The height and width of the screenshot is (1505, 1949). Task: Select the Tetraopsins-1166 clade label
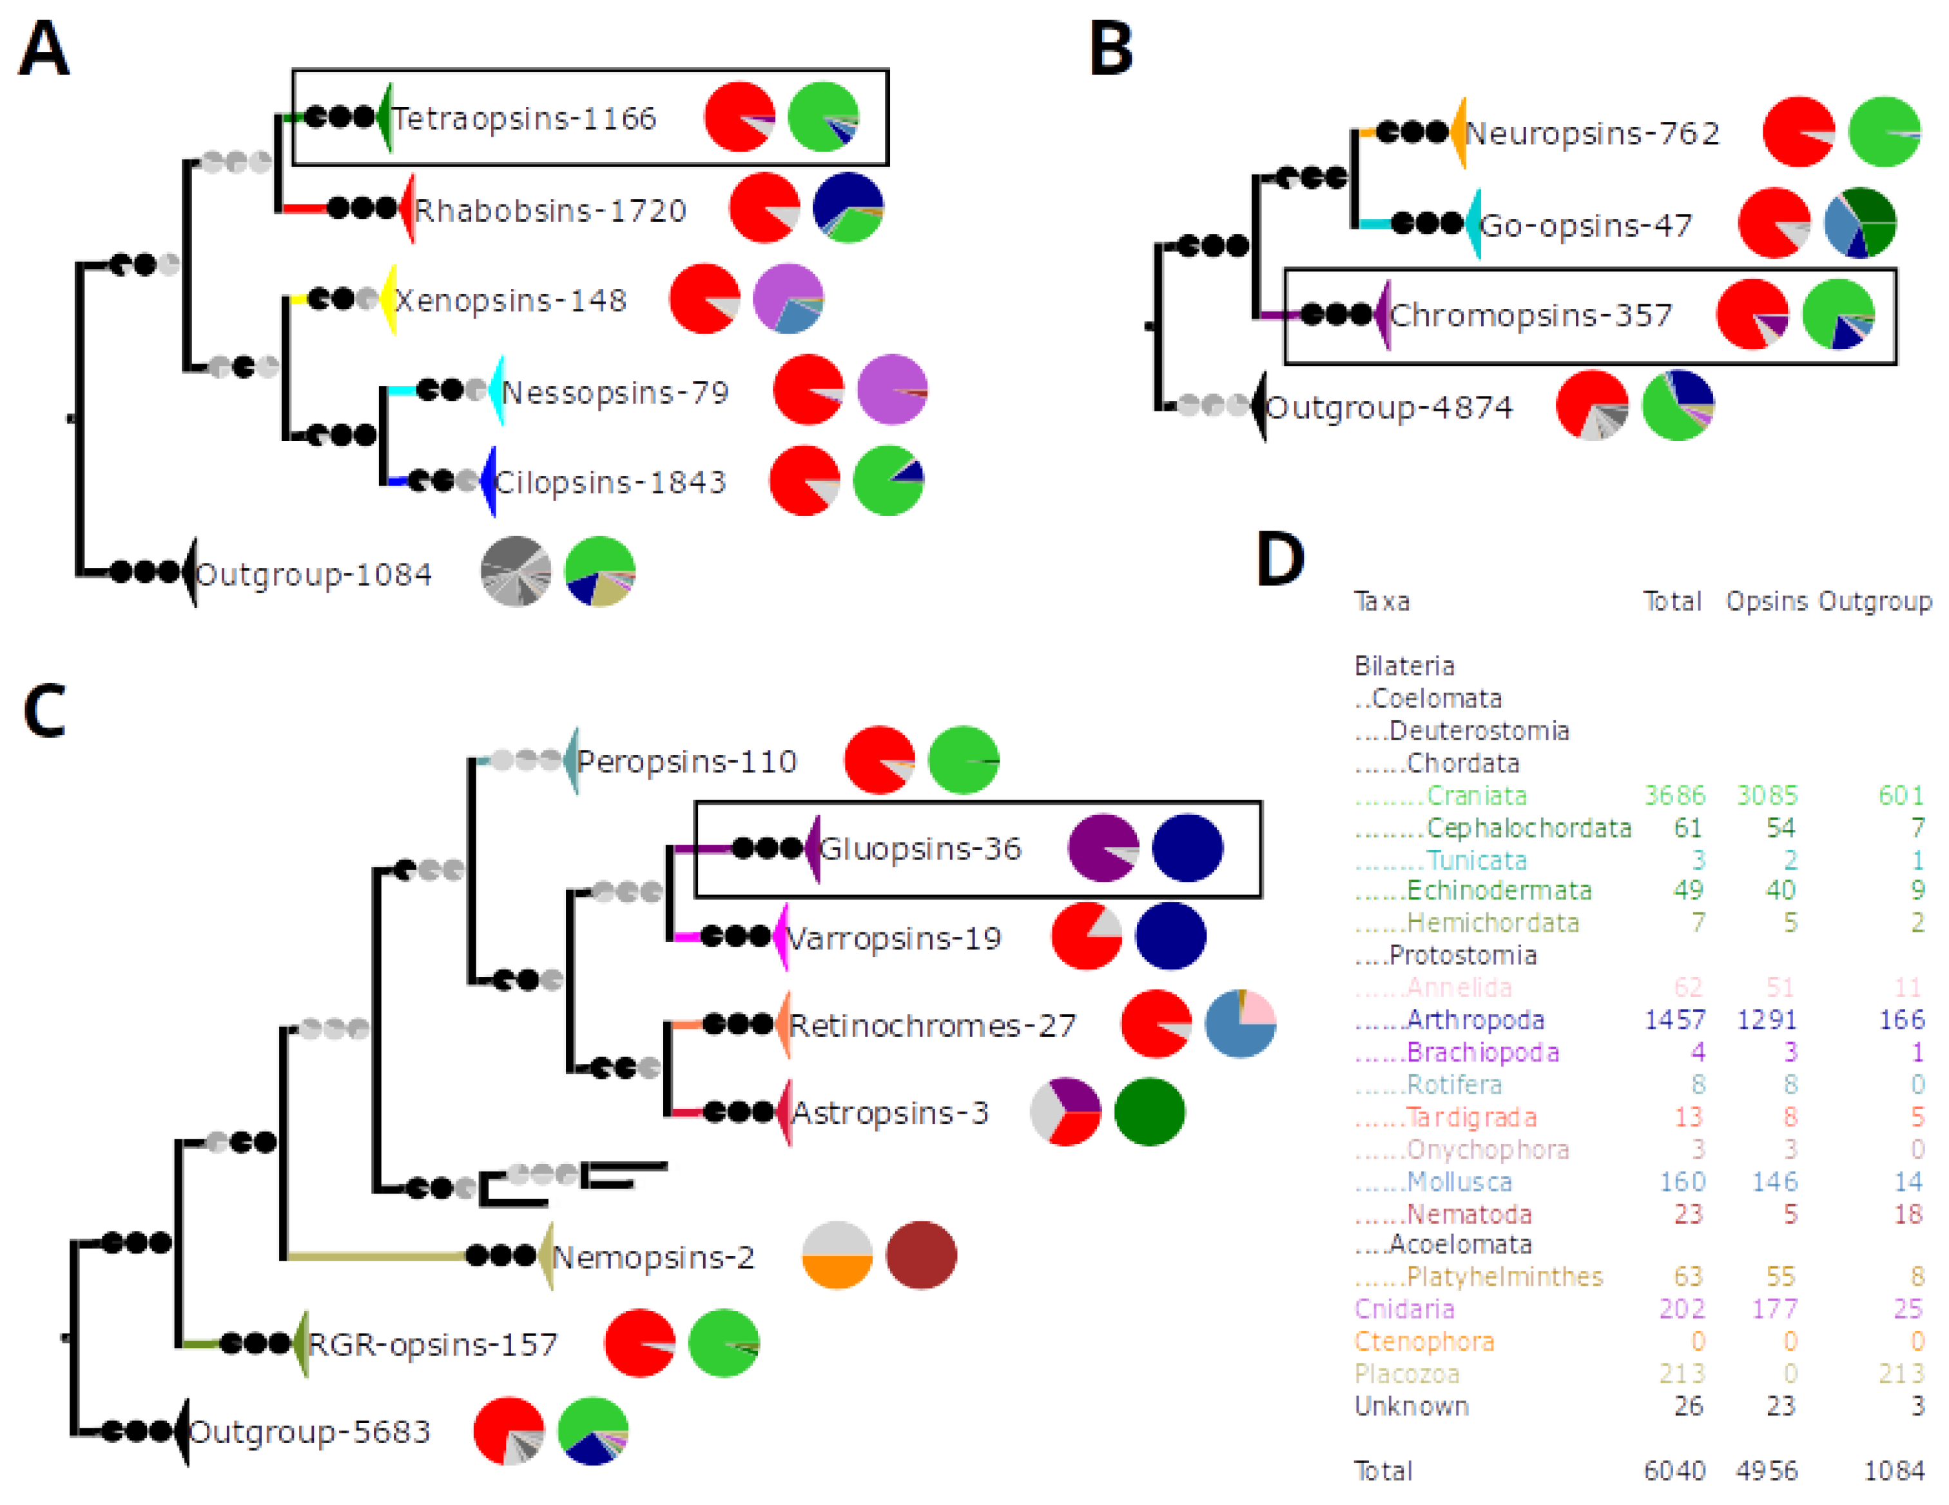point(524,119)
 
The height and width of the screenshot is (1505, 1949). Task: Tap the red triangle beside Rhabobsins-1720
point(409,209)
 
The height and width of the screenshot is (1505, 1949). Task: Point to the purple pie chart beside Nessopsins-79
point(891,390)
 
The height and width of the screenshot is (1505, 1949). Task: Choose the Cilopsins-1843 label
point(610,482)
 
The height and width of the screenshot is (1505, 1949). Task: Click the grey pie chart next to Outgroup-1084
point(515,571)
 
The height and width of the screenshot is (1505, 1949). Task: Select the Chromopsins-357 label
point(1531,315)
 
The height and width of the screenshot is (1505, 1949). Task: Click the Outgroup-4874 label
point(1390,408)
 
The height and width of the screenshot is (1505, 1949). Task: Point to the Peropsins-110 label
point(686,762)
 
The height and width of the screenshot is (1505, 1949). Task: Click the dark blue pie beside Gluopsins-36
point(1187,848)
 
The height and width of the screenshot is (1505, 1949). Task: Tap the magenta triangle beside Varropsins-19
point(782,936)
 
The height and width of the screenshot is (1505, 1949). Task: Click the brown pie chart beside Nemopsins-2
point(921,1255)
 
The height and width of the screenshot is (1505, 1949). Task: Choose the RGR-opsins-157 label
point(433,1343)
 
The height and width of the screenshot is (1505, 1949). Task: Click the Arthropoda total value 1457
point(1674,1019)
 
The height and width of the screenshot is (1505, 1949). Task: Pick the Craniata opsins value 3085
point(1767,794)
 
